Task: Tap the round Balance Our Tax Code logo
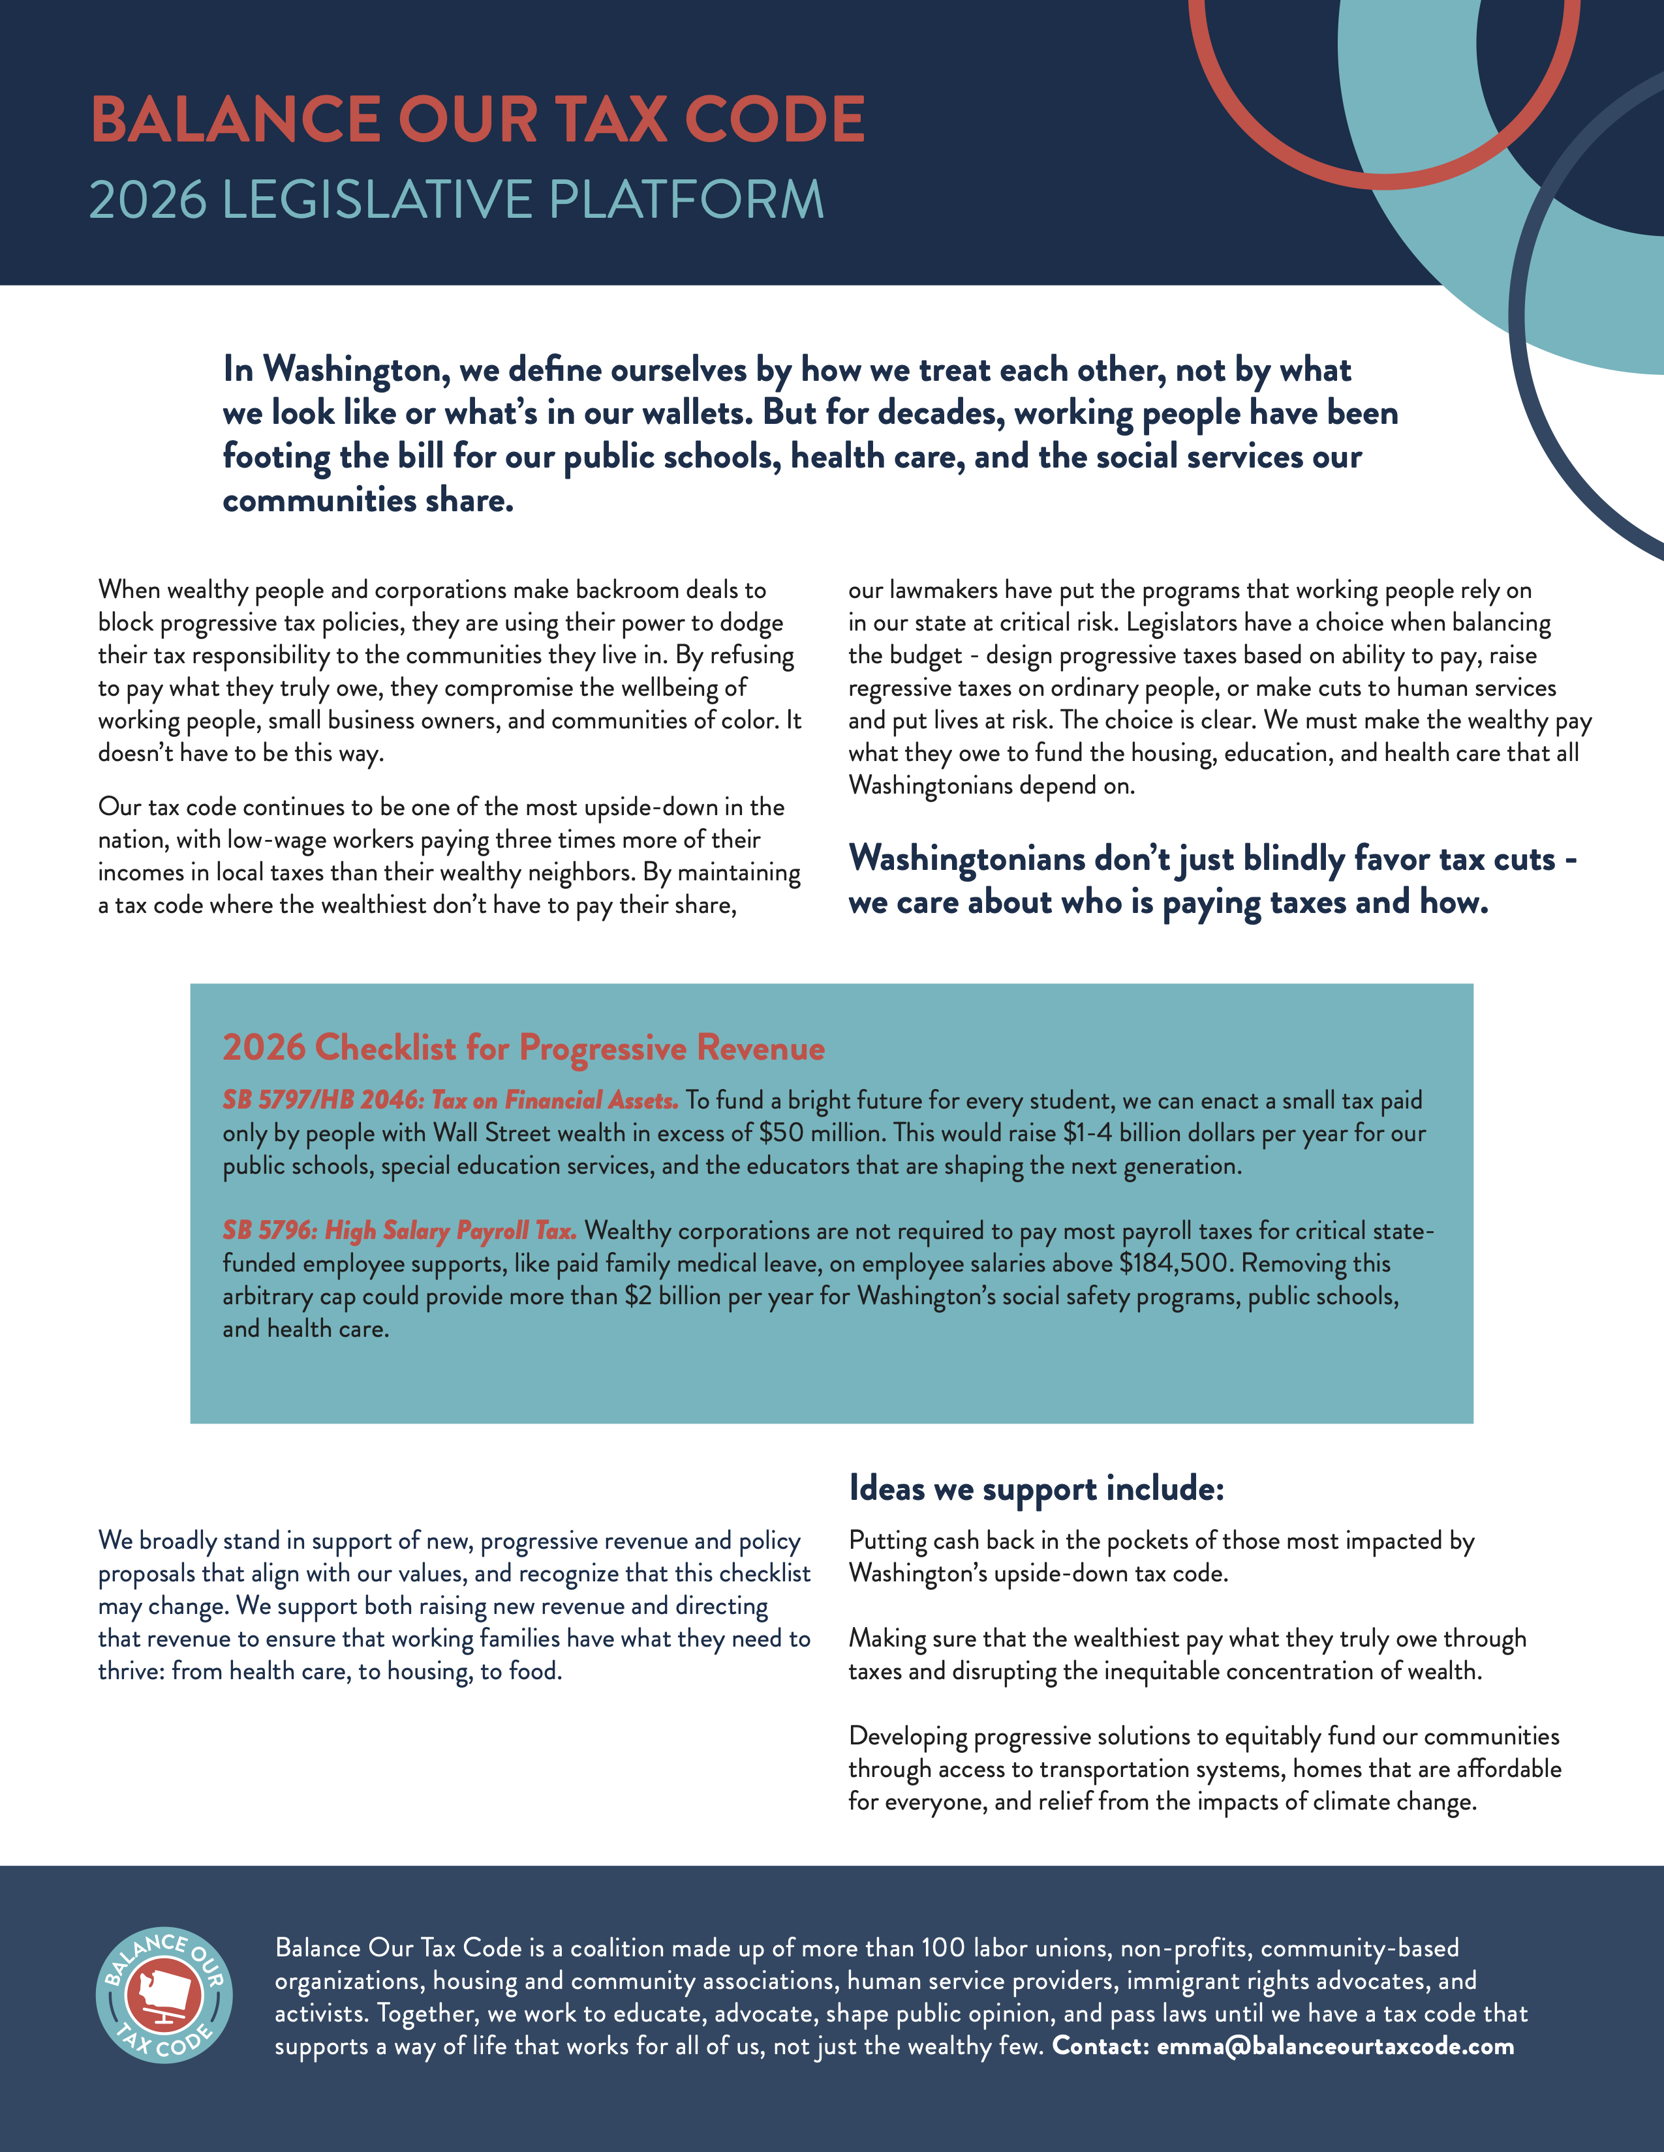coord(164,1995)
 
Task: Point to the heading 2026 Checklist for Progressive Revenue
coord(523,1047)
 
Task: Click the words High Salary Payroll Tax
coord(450,1231)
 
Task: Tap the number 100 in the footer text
coord(942,1948)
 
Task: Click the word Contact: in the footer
coord(1100,2046)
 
